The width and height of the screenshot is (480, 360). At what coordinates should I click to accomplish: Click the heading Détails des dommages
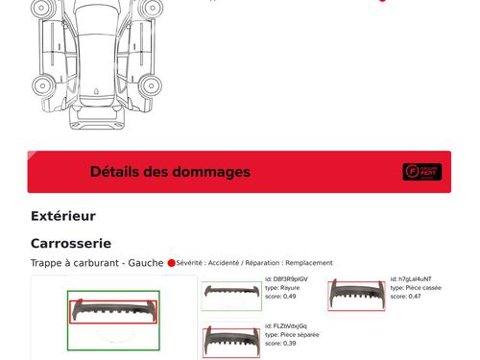coord(170,172)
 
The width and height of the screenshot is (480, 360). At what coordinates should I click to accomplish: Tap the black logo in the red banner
coord(421,172)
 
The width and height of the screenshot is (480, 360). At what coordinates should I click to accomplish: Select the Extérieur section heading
coord(63,216)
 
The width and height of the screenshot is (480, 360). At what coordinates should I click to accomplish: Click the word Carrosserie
coord(71,244)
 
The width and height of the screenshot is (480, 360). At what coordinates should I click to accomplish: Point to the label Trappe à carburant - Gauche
coord(97,262)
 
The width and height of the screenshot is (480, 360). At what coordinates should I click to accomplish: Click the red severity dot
coord(172,262)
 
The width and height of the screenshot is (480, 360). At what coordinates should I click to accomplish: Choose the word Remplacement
coord(309,262)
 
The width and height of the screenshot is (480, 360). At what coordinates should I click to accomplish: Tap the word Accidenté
coord(223,262)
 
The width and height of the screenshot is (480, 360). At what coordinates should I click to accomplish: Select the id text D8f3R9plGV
coord(290,279)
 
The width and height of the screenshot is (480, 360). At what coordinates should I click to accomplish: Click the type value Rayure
coord(290,288)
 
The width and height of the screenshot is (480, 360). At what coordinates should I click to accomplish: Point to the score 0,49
coord(289,297)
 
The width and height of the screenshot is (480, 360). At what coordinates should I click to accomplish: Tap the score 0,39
coord(289,343)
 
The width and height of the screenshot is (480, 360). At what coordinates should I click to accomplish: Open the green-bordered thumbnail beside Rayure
coord(230,296)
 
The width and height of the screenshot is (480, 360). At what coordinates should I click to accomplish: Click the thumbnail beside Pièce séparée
coord(230,342)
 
